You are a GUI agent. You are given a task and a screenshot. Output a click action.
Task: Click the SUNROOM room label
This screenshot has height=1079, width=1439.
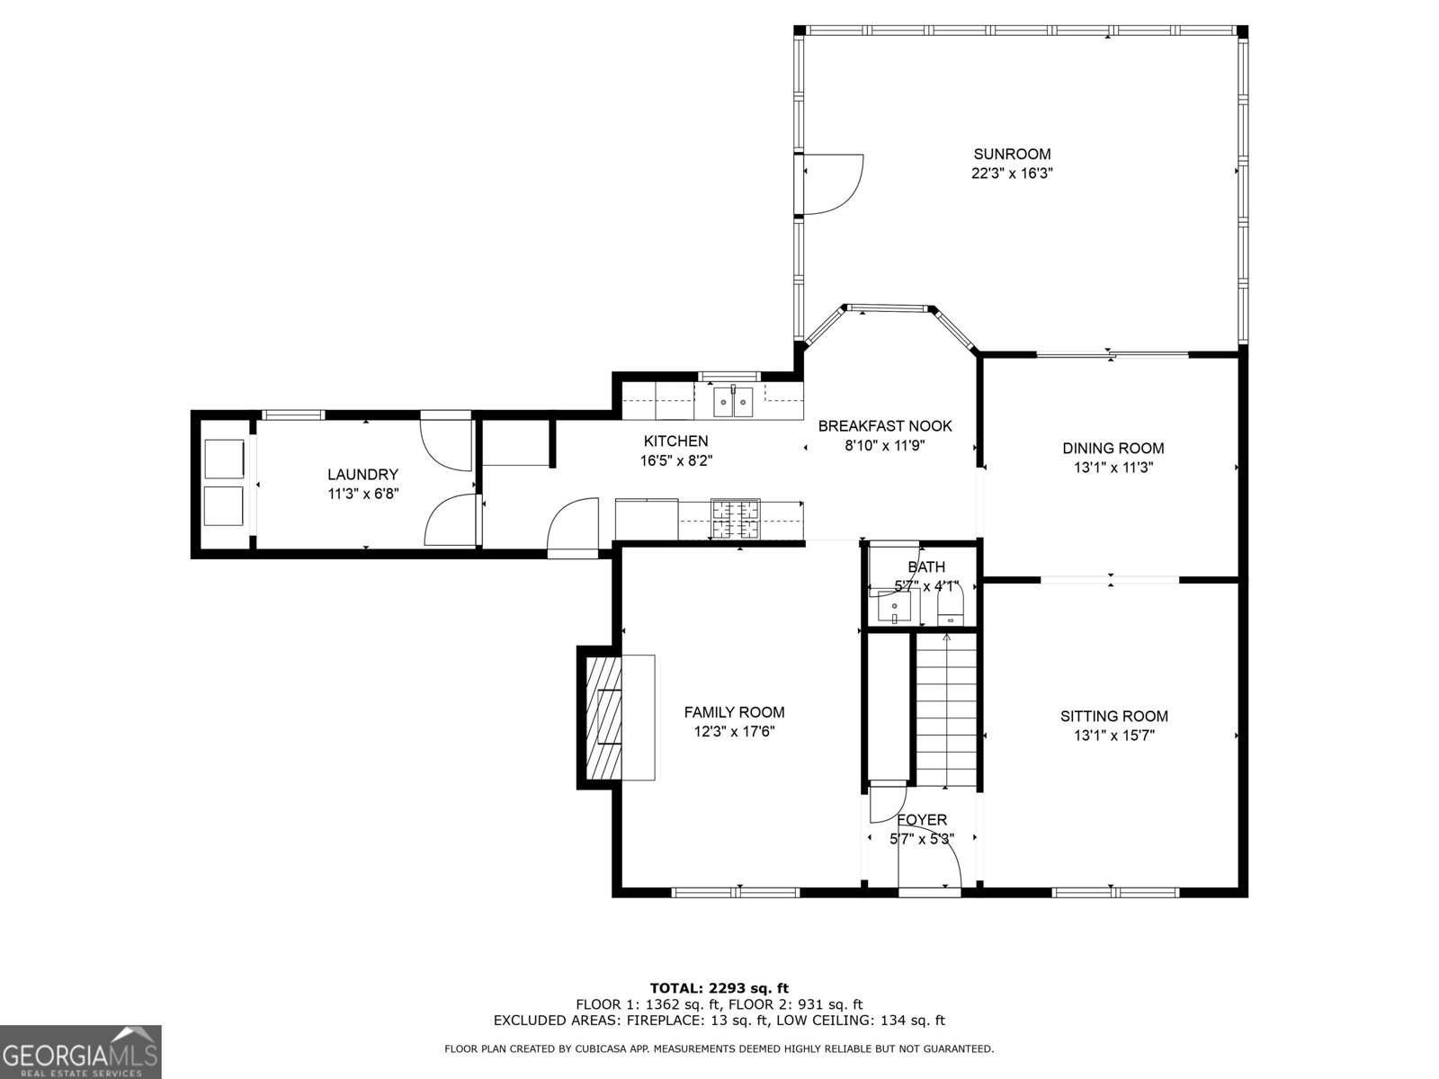pyautogui.click(x=1012, y=154)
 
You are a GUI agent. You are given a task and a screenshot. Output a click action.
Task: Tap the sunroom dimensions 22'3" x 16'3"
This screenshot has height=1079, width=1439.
pyautogui.click(x=1012, y=174)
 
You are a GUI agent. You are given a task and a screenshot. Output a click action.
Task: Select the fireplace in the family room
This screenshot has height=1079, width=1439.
pyautogui.click(x=603, y=718)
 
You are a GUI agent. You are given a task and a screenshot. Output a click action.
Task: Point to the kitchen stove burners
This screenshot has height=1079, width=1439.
pyautogui.click(x=735, y=519)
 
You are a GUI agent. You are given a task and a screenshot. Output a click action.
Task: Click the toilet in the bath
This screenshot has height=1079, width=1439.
pyautogui.click(x=950, y=606)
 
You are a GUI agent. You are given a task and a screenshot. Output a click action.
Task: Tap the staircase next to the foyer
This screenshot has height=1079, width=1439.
pyautogui.click(x=946, y=710)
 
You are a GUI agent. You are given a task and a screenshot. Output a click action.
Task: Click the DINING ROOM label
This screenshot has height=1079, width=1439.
pyautogui.click(x=1113, y=448)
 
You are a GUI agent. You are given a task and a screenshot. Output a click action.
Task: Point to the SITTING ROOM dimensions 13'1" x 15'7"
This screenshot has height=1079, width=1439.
pyautogui.click(x=1113, y=736)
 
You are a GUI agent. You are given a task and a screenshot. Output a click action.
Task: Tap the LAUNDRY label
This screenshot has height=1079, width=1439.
pyautogui.click(x=362, y=475)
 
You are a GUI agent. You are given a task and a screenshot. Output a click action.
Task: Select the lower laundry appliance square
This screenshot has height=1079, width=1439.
pyautogui.click(x=224, y=505)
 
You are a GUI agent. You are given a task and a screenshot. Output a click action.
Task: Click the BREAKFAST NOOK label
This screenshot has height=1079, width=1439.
pyautogui.click(x=884, y=426)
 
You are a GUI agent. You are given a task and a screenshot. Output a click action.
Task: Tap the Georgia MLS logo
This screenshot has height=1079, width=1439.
pyautogui.click(x=80, y=1051)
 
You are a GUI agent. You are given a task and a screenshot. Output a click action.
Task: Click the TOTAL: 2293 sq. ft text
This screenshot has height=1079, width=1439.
pyautogui.click(x=719, y=988)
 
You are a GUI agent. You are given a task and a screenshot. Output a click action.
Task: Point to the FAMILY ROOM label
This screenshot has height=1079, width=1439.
pyautogui.click(x=734, y=712)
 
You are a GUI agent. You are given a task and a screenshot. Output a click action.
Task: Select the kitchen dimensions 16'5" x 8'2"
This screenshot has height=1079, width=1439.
pyautogui.click(x=675, y=460)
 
